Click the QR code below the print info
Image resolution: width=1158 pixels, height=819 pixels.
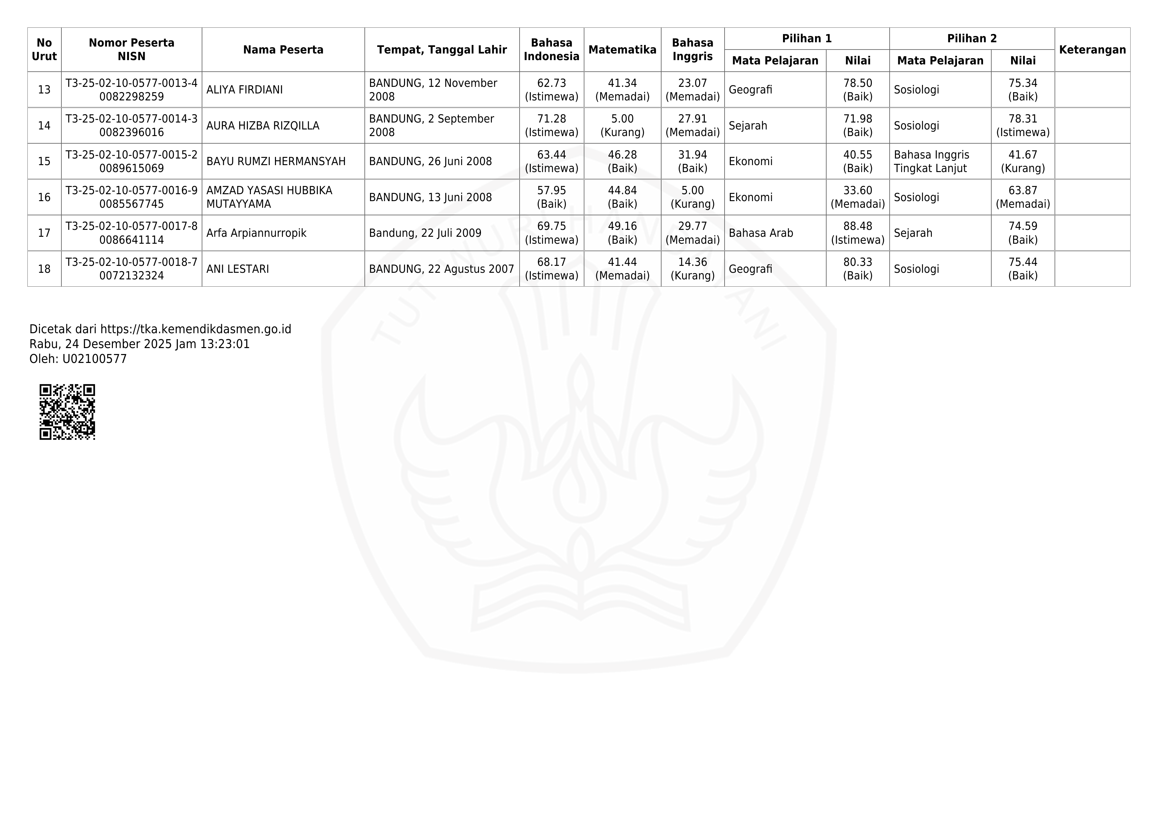tap(67, 412)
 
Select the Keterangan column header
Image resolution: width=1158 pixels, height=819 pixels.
tap(1092, 50)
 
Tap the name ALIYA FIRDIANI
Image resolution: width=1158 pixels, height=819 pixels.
tap(245, 90)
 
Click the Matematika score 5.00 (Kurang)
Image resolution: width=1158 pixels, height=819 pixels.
tap(622, 125)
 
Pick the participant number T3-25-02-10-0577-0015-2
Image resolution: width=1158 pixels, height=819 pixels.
tap(132, 155)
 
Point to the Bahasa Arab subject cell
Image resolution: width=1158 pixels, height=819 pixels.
tap(761, 233)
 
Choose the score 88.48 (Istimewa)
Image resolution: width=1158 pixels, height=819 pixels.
tap(857, 233)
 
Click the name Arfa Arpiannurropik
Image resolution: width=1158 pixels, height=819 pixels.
tap(256, 233)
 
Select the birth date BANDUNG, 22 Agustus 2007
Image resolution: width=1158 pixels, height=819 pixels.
tap(441, 269)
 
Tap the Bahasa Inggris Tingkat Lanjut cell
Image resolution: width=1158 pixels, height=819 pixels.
tap(931, 161)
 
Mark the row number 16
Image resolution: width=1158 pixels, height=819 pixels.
tap(44, 197)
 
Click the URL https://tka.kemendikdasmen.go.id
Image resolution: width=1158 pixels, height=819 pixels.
tap(196, 329)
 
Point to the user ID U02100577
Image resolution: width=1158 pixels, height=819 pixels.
tap(94, 359)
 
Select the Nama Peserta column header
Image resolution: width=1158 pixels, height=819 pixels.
tap(283, 50)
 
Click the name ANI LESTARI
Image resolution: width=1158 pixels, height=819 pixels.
tap(238, 269)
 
